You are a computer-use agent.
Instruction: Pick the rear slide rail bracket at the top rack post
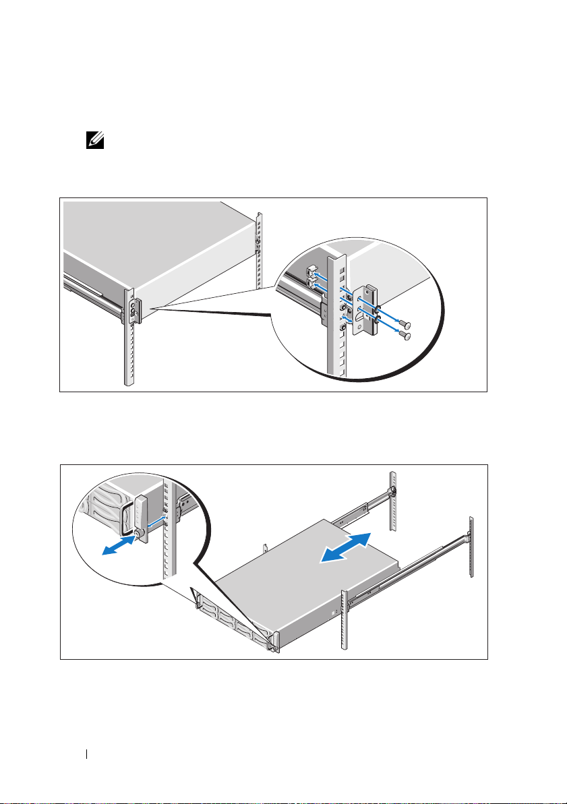pyautogui.click(x=391, y=494)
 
